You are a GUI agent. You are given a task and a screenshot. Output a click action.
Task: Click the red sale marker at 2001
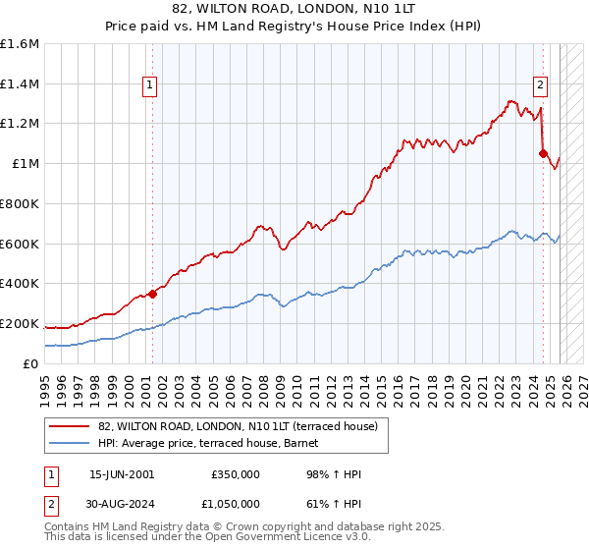coord(152,293)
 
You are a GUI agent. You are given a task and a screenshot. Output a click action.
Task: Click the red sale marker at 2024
coord(543,153)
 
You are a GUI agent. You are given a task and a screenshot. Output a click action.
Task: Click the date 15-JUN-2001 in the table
coord(122,474)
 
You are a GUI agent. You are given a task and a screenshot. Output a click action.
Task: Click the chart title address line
coord(294,12)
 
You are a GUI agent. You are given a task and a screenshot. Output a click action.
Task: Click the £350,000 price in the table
coord(235,474)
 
